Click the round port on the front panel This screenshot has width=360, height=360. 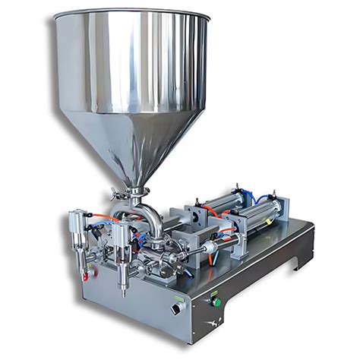176,308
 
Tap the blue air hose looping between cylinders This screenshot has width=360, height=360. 262,199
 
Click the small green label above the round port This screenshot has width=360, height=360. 175,297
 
